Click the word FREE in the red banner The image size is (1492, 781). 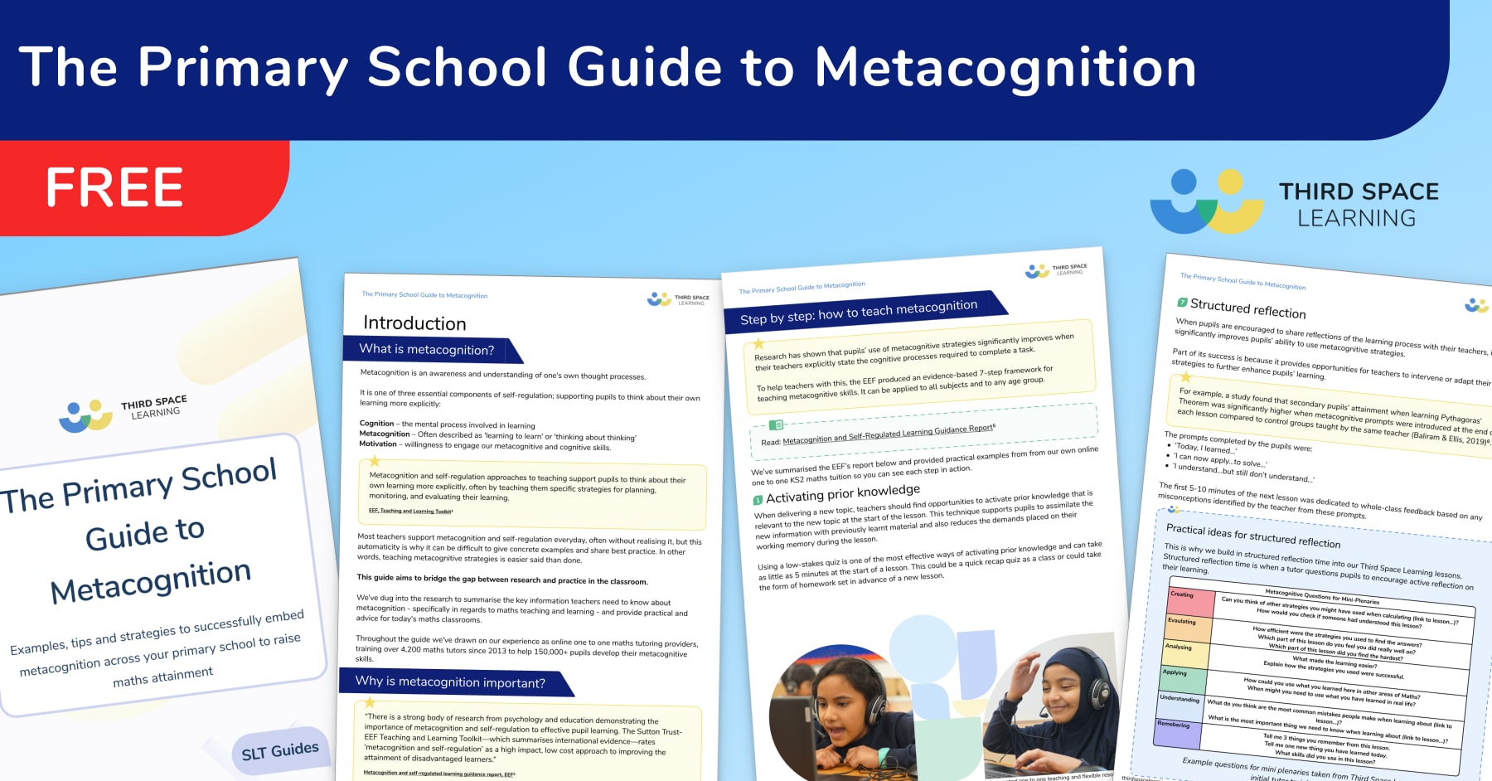coord(114,187)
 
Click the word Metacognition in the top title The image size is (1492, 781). coord(1005,68)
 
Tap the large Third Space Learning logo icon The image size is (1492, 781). coord(1207,201)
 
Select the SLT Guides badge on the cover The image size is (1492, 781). coord(279,751)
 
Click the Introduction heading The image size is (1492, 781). coord(414,323)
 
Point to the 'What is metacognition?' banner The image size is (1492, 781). coord(427,350)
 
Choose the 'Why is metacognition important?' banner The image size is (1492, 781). coord(450,682)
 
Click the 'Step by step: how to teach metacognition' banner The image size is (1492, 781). coord(859,313)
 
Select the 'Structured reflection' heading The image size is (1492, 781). coord(1247,309)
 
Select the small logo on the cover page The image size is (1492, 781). coord(85,415)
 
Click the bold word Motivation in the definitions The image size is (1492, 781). coord(378,444)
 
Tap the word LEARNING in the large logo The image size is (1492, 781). coord(1356,219)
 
